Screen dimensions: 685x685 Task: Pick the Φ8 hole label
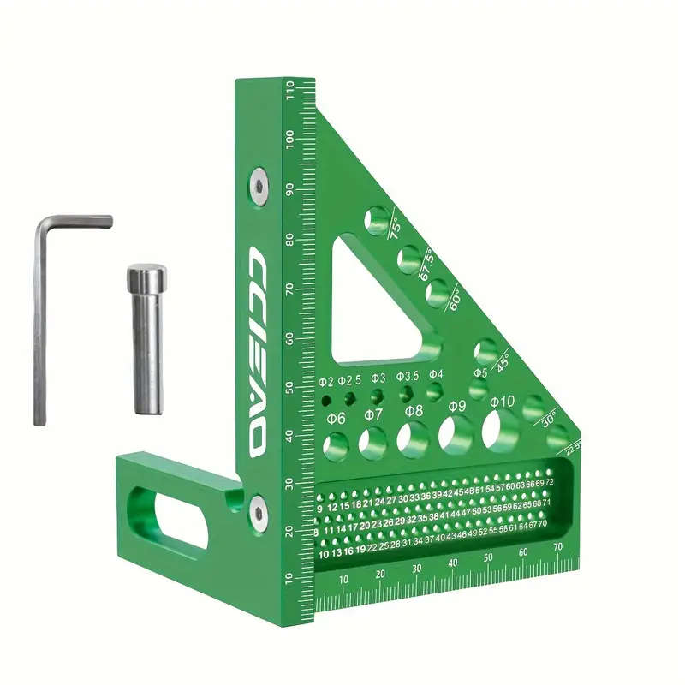[x=414, y=411]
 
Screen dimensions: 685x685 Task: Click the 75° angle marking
[x=394, y=228]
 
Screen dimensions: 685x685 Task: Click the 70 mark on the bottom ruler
[x=557, y=547]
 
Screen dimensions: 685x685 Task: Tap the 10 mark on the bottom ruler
[x=343, y=580]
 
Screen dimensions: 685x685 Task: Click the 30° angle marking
[x=549, y=419]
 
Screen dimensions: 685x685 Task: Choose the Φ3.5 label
[x=407, y=376]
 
